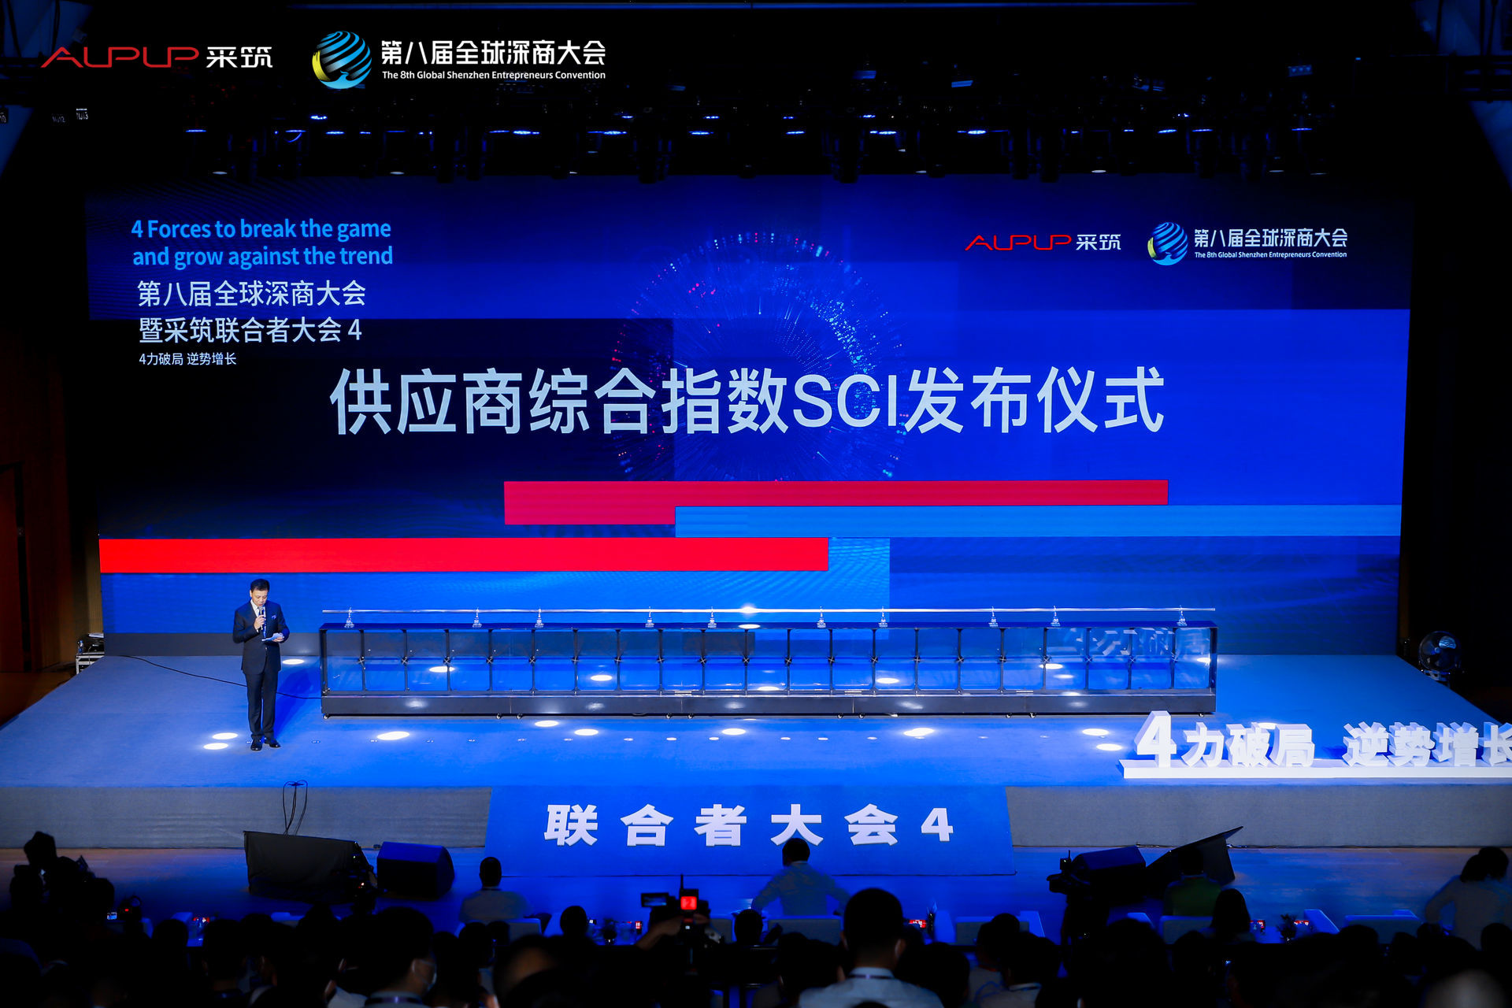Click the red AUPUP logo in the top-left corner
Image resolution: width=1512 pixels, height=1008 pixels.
pos(120,57)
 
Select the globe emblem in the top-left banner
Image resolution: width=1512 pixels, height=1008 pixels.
pos(342,60)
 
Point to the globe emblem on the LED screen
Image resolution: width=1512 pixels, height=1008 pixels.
pos(1167,243)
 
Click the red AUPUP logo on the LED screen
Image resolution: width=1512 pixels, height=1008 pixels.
pos(1017,243)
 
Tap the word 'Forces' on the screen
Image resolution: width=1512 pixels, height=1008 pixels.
pos(180,229)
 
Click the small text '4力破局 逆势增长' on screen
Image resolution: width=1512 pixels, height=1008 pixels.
pos(187,359)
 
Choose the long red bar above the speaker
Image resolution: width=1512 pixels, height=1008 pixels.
pos(463,554)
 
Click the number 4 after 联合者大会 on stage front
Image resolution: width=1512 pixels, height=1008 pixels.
pos(936,825)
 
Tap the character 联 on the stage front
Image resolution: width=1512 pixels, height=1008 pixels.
pos(571,825)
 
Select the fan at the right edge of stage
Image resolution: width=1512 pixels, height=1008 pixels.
pos(1438,654)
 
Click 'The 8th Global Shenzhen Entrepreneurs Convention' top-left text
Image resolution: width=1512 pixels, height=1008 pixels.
pos(494,76)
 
